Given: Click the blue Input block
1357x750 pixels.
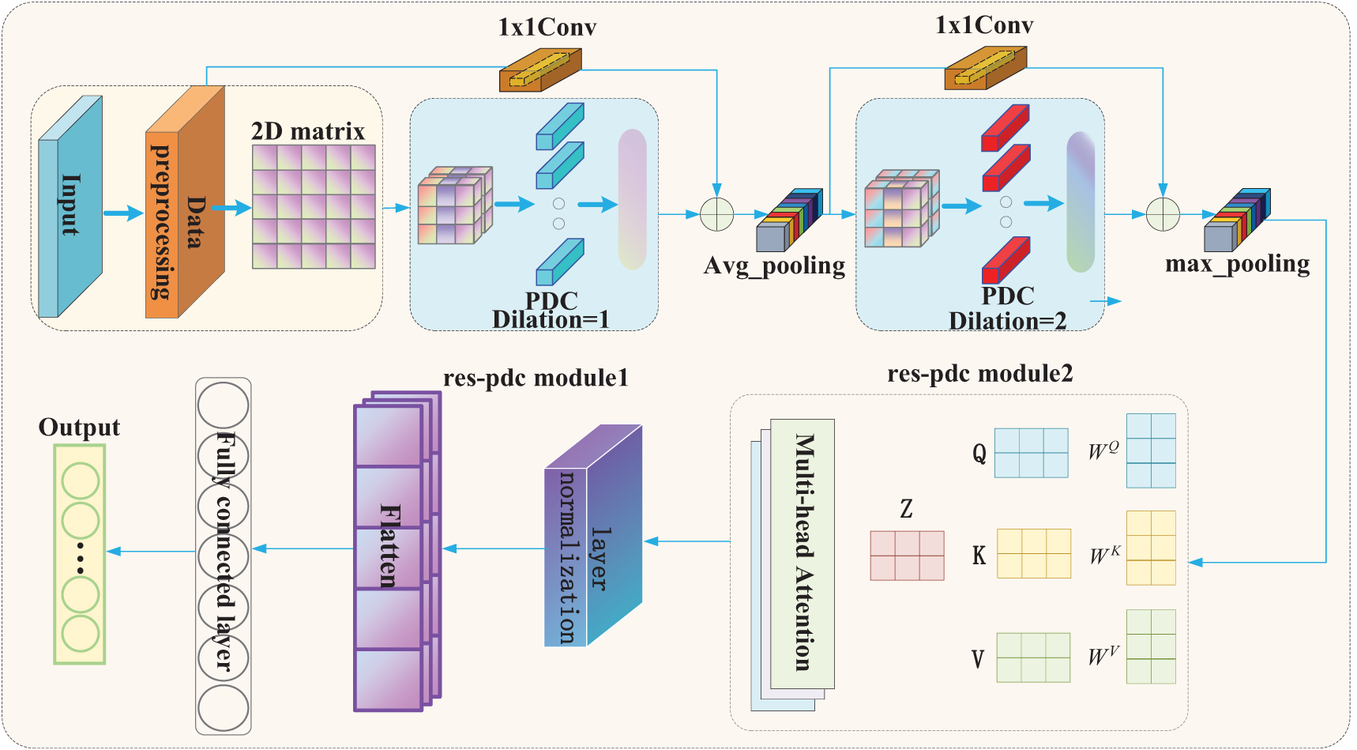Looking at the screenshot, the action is [x=70, y=206].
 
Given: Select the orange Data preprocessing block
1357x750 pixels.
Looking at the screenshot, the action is [x=185, y=202].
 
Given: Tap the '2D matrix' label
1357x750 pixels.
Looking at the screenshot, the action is [x=308, y=131].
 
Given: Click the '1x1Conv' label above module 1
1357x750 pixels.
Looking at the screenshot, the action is [x=547, y=28].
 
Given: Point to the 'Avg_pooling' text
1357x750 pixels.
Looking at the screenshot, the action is [x=774, y=266].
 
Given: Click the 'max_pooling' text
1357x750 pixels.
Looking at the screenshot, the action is [x=1237, y=263].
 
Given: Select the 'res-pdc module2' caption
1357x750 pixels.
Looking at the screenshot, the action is [x=979, y=374].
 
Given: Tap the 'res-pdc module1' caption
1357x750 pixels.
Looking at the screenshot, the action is [x=536, y=378].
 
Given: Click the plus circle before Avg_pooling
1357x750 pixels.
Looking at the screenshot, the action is [x=716, y=214].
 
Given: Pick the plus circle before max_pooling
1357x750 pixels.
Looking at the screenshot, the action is [x=1163, y=214].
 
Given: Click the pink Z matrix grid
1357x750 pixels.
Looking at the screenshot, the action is [x=907, y=556].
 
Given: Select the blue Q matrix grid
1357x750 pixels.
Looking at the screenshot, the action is [x=1031, y=453].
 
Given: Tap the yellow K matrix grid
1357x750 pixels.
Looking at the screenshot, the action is [x=1034, y=554].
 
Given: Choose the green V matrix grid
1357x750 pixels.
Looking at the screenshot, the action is [x=1033, y=658].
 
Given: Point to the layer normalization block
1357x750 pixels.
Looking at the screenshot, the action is [x=593, y=536].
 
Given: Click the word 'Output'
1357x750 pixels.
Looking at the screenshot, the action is [x=79, y=428].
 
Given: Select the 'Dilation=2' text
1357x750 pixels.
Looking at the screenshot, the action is [x=1007, y=321].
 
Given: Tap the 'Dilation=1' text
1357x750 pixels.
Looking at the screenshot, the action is [x=551, y=319].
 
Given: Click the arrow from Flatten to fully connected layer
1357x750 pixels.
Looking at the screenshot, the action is [x=303, y=548].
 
